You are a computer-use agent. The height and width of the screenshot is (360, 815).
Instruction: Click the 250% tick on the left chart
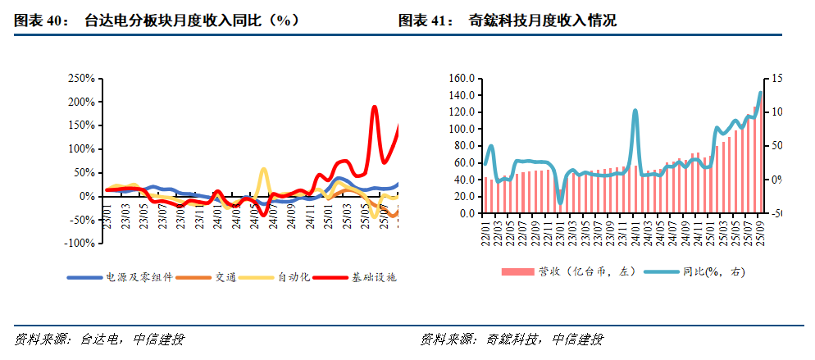click(82, 79)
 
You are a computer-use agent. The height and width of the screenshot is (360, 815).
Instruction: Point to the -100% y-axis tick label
click(80, 244)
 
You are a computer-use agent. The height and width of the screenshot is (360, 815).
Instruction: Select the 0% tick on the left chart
click(88, 197)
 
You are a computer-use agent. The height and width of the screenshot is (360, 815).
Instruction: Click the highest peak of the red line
click(374, 107)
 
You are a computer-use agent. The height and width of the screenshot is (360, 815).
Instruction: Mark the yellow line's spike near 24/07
click(263, 170)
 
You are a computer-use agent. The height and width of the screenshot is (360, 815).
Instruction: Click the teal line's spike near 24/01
click(635, 111)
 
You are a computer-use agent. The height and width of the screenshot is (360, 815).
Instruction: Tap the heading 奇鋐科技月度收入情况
click(542, 21)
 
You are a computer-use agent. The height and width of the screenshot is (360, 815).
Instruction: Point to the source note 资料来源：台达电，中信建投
click(99, 339)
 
